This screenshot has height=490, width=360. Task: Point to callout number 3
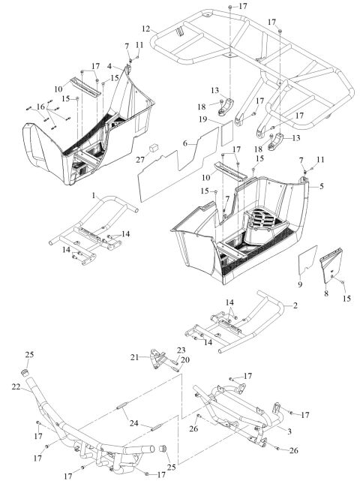[109, 67]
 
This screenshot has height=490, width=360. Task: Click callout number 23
[181, 350]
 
